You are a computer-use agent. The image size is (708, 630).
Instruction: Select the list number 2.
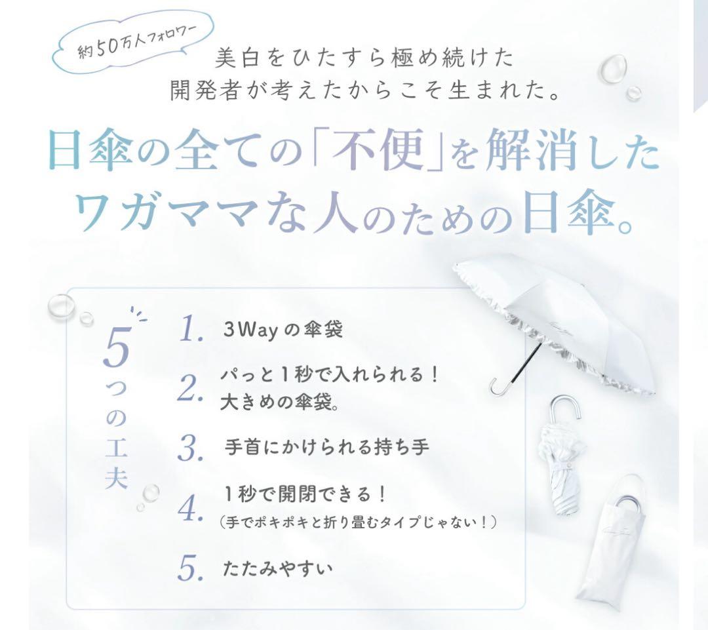coord(190,388)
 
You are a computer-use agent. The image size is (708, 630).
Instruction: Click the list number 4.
coord(190,508)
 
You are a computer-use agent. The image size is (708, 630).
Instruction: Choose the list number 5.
coord(190,568)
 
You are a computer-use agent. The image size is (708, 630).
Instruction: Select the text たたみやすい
coord(277,567)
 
